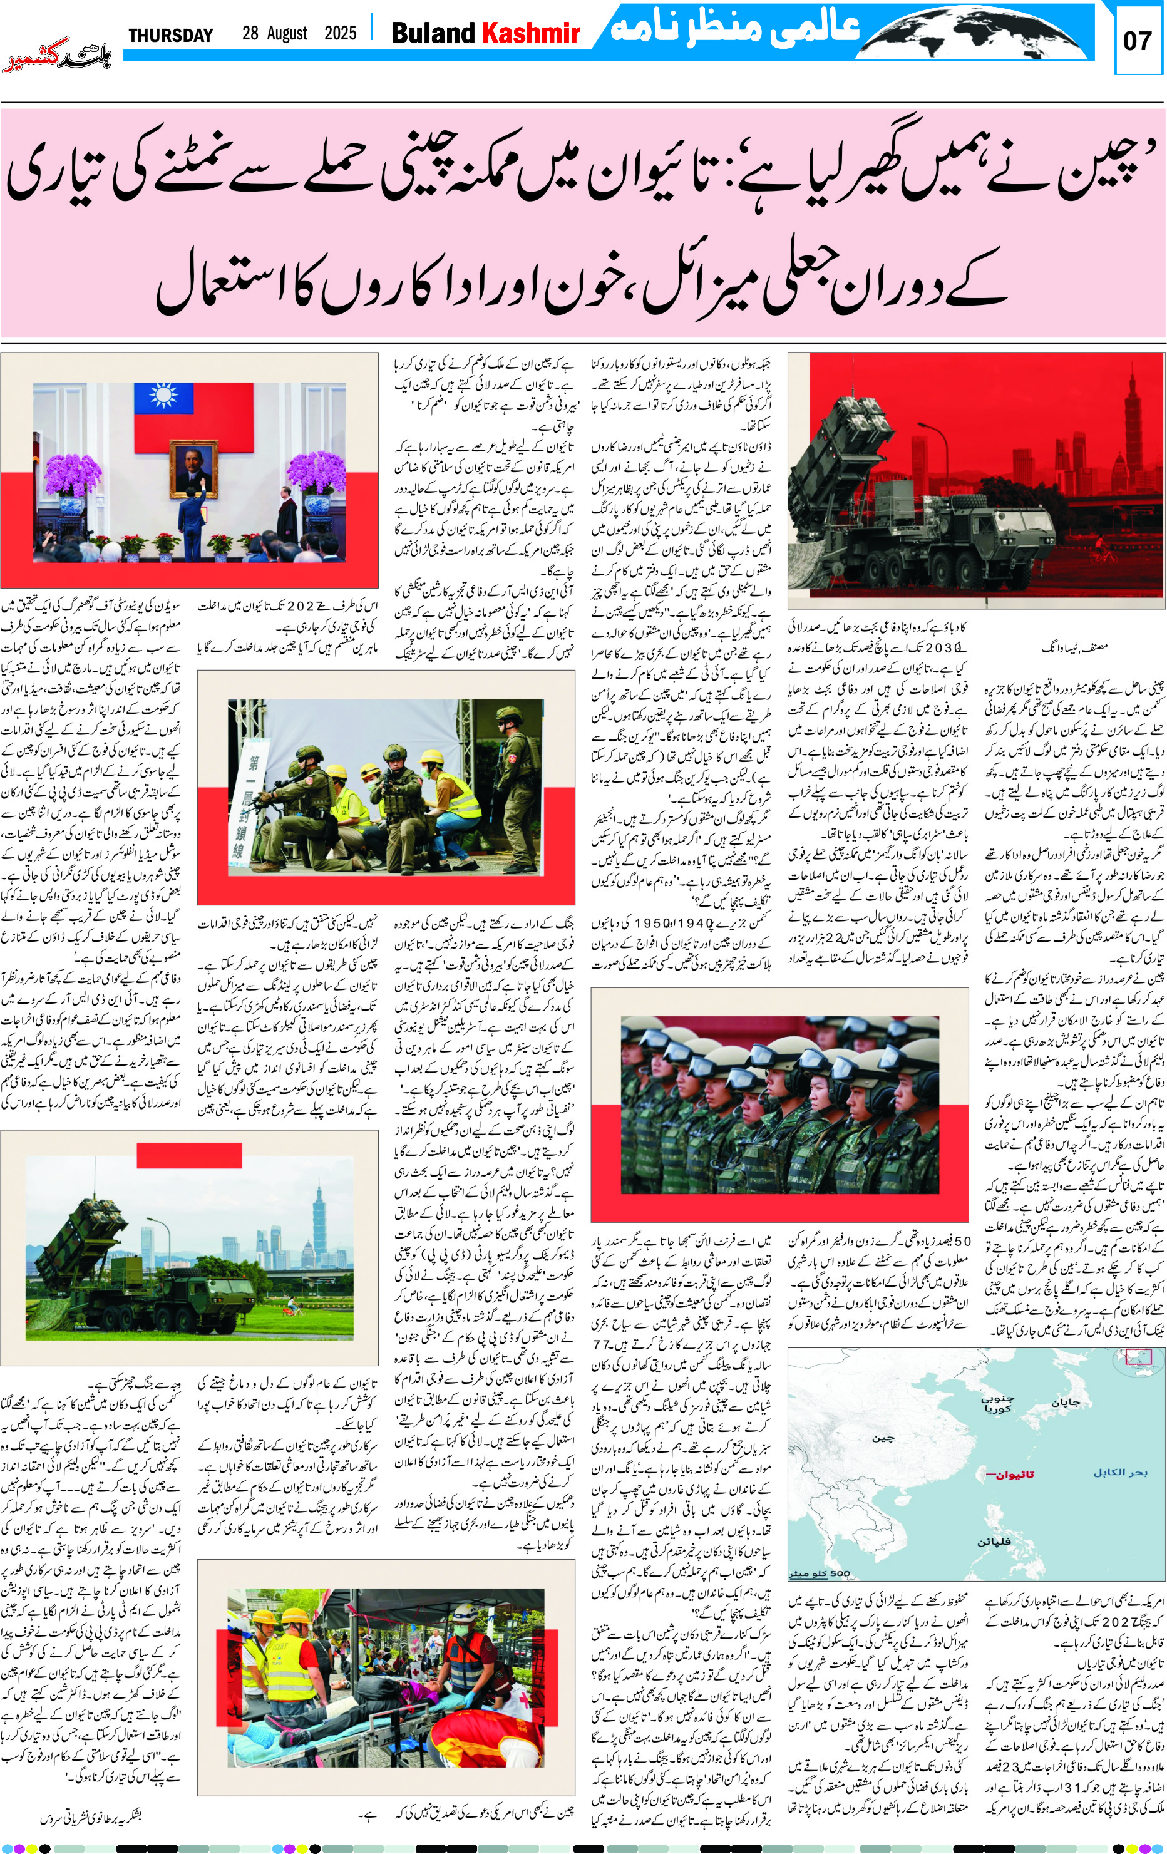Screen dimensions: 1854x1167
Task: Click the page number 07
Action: [x=1138, y=40]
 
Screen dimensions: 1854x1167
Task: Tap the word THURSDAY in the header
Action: [x=170, y=36]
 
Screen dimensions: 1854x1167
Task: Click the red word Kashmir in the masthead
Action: [x=530, y=33]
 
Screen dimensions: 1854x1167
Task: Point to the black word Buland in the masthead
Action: [x=433, y=33]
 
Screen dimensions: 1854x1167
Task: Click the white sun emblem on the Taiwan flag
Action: [x=163, y=396]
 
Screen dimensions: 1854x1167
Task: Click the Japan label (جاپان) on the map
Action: [x=1066, y=1402]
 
